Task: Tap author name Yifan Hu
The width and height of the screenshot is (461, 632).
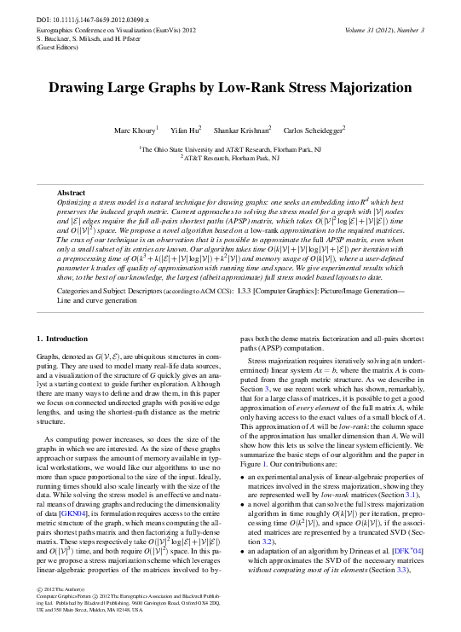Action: pos(187,130)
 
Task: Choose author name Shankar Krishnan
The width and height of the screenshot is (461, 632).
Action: pos(241,130)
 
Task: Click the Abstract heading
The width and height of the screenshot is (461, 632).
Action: pos(72,194)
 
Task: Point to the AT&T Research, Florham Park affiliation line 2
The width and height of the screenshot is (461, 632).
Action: pos(230,158)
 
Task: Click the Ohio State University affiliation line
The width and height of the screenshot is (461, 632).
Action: pos(230,148)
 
